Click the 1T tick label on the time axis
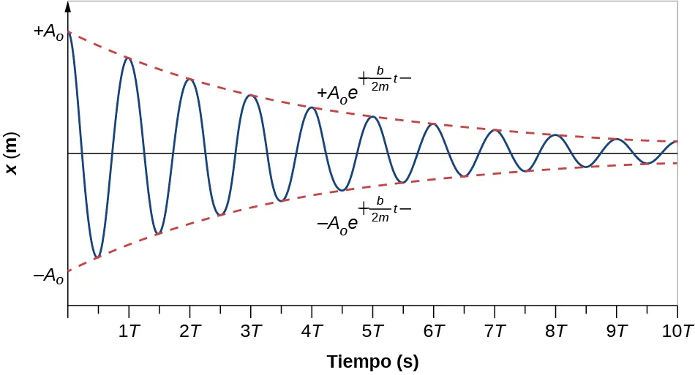pyautogui.click(x=129, y=331)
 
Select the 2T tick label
pyautogui.click(x=190, y=331)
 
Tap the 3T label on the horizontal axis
pyautogui.click(x=251, y=331)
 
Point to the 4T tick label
pyautogui.click(x=312, y=331)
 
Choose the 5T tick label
pyautogui.click(x=373, y=331)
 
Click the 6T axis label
pyautogui.click(x=434, y=331)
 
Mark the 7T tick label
pyautogui.click(x=495, y=331)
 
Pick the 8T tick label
pyautogui.click(x=556, y=331)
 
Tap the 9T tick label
pyautogui.click(x=617, y=331)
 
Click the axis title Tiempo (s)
pyautogui.click(x=372, y=361)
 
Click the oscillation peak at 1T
pyautogui.click(x=129, y=58)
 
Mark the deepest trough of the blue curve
pyautogui.click(x=97, y=257)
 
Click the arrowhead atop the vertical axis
pyautogui.click(x=68, y=7)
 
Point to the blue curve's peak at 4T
pyautogui.click(x=312, y=107)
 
